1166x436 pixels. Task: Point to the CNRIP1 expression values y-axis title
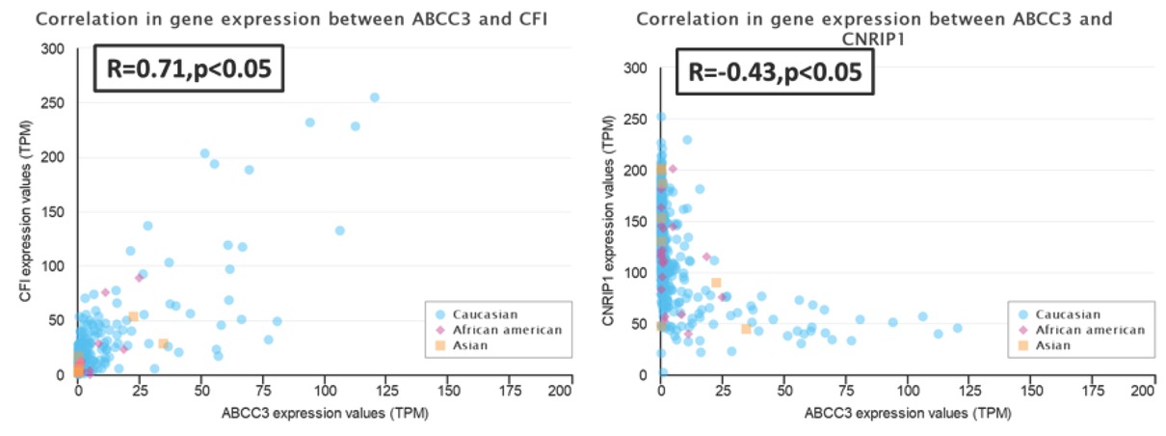[609, 220]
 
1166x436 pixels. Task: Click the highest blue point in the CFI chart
[374, 97]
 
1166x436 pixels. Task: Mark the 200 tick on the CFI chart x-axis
[571, 393]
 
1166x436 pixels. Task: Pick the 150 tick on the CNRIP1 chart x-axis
[1032, 393]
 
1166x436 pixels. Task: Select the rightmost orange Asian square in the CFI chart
[164, 343]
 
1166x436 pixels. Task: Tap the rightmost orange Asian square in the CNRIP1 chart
[746, 329]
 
